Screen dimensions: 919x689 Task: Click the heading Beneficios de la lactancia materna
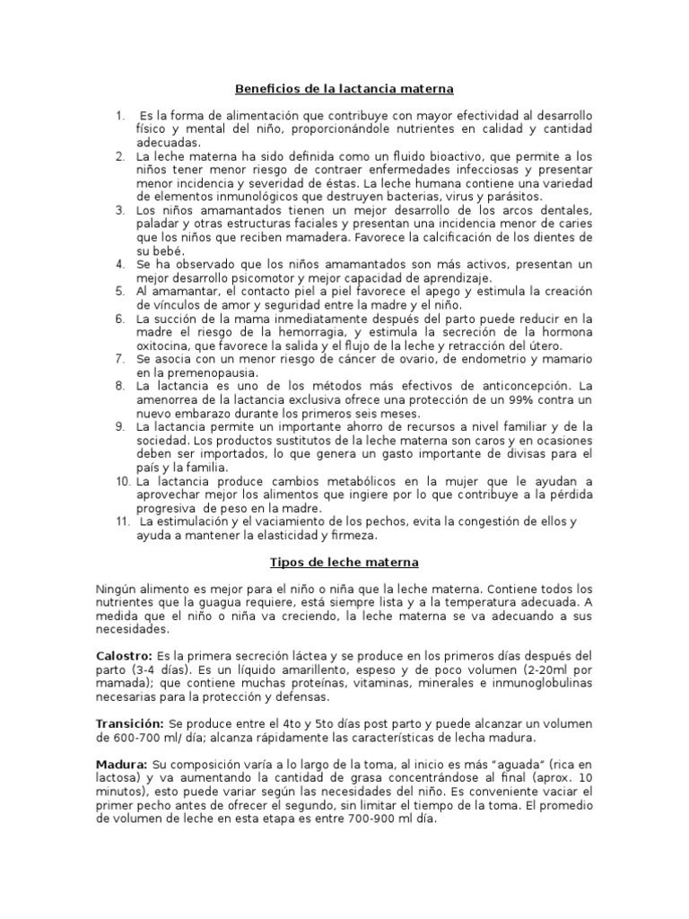(x=344, y=90)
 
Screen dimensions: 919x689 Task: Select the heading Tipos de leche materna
(x=344, y=563)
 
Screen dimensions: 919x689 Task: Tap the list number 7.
(x=119, y=359)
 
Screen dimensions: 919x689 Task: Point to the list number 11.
(x=123, y=521)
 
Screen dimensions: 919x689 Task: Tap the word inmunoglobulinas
(x=536, y=684)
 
